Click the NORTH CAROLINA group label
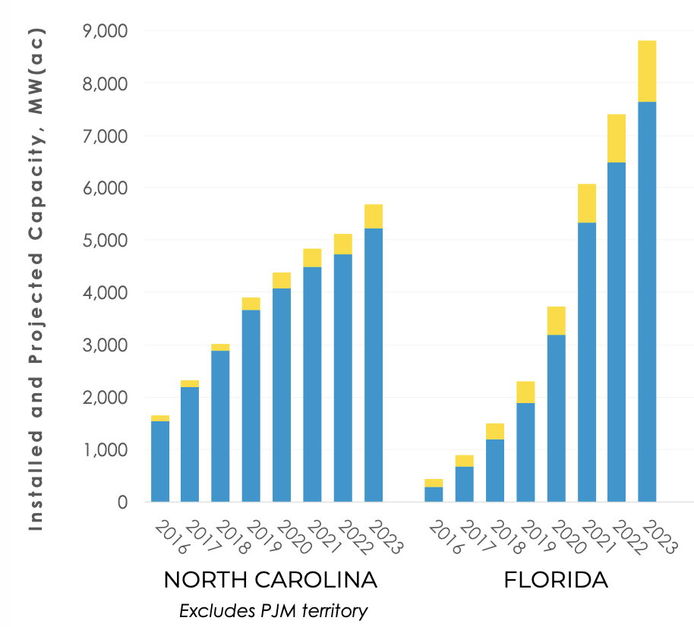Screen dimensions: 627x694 [x=270, y=581]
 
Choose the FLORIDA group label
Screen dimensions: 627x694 [x=556, y=581]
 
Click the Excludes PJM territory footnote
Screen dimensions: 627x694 [x=273, y=610]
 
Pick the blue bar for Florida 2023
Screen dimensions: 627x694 [x=647, y=304]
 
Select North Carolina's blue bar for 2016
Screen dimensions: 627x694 [x=160, y=462]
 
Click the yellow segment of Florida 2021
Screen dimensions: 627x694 [x=586, y=203]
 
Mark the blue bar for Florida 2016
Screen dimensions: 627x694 [x=434, y=494]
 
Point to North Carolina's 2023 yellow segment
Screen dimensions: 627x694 [x=373, y=216]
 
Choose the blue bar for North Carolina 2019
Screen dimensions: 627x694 [x=251, y=406]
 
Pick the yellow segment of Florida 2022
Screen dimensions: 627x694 [x=617, y=138]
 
